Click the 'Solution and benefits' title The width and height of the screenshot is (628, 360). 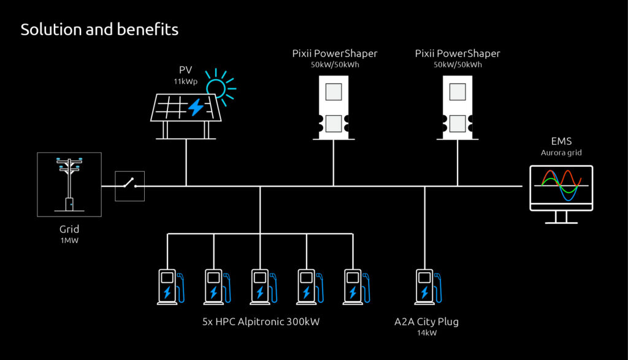99,29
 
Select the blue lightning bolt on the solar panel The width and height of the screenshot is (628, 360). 196,107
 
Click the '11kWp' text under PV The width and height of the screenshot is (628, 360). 185,82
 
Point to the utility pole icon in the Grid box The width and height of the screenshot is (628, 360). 69,184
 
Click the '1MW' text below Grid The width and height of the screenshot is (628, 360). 69,240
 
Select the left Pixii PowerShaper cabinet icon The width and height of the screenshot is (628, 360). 334,108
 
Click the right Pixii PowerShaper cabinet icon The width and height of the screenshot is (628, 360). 458,108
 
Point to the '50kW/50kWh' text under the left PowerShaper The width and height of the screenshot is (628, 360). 335,64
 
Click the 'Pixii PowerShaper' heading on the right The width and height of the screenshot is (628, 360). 458,53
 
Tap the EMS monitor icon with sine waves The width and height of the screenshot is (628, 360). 561,194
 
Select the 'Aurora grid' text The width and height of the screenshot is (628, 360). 561,153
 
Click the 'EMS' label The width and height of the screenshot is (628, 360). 561,141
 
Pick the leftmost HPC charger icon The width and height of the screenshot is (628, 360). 170,287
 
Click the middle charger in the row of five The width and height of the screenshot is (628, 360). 264,287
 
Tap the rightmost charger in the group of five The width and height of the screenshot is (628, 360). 356,287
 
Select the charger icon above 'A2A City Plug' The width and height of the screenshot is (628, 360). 428,287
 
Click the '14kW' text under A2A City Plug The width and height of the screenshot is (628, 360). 427,333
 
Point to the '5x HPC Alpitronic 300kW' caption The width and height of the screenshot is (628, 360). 261,321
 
